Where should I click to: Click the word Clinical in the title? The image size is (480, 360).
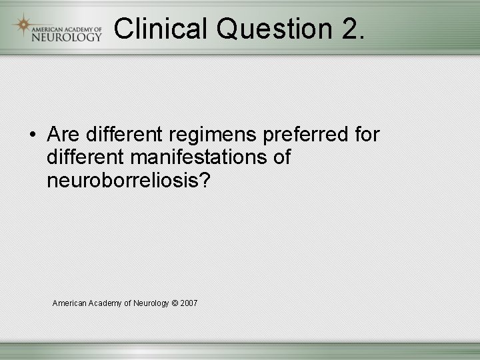click(160, 28)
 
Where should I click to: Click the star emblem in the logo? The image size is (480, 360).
click(23, 25)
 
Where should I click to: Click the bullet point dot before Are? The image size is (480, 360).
click(33, 135)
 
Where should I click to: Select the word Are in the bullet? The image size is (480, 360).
click(63, 135)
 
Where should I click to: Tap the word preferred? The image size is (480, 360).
click(306, 135)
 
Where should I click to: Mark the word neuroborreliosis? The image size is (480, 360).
click(124, 181)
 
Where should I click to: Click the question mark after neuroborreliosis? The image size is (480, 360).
click(204, 181)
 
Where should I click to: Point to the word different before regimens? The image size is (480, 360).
click(124, 135)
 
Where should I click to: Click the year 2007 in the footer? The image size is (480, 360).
click(189, 303)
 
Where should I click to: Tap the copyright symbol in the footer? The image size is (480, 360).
click(175, 303)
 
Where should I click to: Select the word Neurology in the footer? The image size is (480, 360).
click(151, 303)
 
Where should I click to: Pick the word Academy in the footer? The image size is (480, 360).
click(105, 303)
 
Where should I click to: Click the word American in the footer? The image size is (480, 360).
click(69, 303)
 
